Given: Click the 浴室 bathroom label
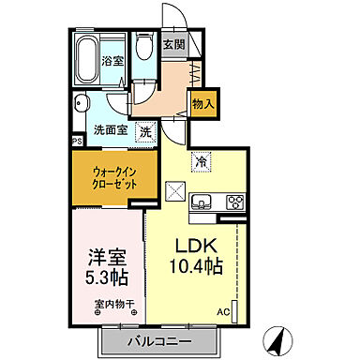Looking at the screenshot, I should coord(112,61).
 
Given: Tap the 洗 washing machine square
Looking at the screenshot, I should coord(145,132).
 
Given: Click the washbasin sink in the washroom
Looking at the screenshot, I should coord(82,104).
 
